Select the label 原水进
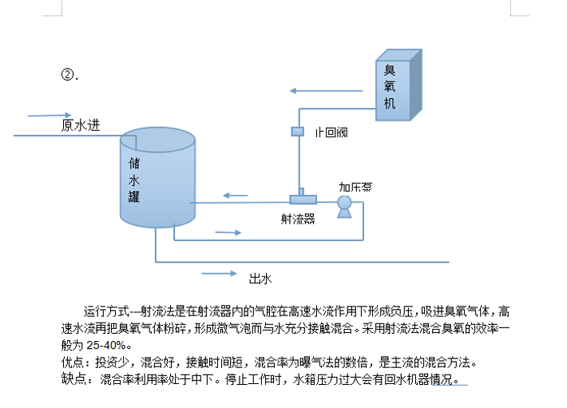(x=81, y=125)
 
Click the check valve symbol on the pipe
(x=298, y=131)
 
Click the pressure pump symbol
(x=344, y=204)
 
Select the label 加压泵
(x=355, y=187)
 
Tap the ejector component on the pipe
(x=303, y=199)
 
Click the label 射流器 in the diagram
(x=298, y=217)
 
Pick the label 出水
(x=260, y=279)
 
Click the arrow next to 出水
(x=220, y=274)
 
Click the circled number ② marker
(x=69, y=75)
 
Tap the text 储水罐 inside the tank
(x=134, y=179)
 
